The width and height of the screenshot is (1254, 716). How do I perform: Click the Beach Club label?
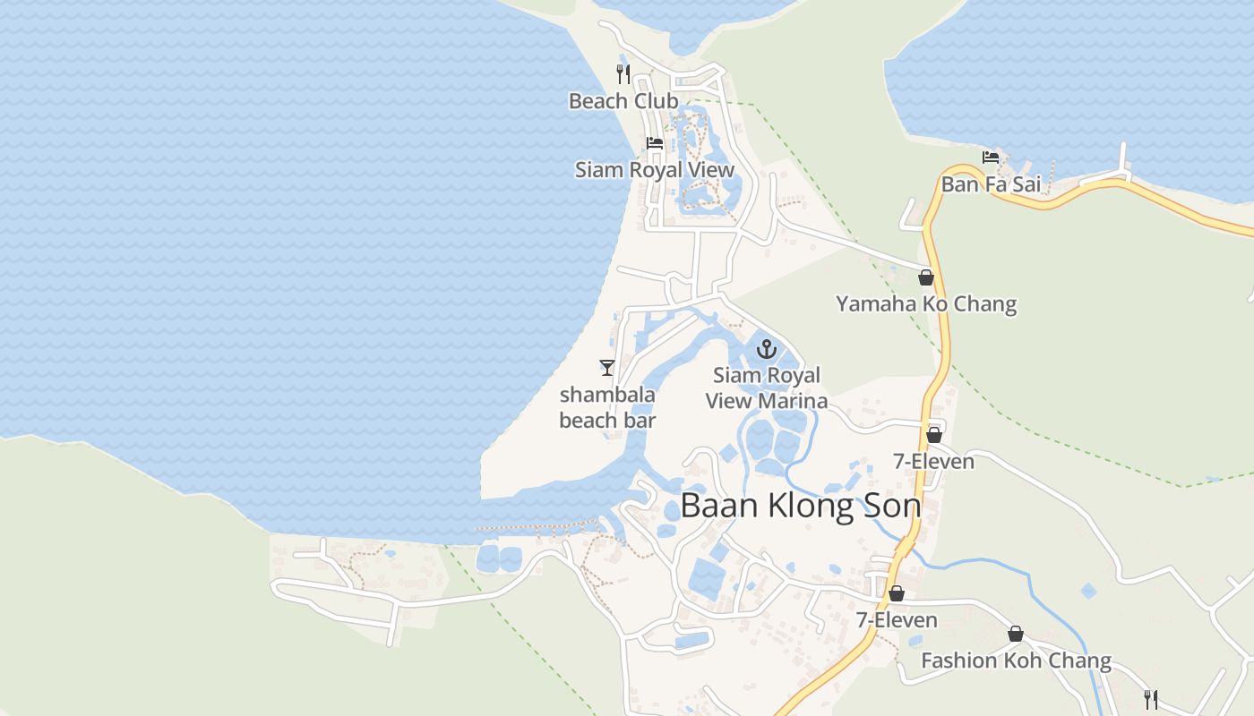(623, 101)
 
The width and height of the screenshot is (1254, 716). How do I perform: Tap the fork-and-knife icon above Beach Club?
(623, 73)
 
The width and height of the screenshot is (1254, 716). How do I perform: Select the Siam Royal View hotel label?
(655, 170)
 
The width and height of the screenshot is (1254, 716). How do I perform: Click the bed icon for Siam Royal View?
(655, 143)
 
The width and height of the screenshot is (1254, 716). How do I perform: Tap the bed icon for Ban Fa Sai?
(991, 158)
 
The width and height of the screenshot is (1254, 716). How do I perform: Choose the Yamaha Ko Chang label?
(926, 304)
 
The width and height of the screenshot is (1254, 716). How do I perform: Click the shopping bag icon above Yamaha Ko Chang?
(926, 277)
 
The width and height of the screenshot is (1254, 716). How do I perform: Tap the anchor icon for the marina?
(767, 348)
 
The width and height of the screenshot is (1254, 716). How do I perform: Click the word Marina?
(789, 400)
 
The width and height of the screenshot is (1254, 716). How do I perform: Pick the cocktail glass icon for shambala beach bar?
(607, 367)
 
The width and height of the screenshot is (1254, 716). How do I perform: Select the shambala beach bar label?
(607, 407)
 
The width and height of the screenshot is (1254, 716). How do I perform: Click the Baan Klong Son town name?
(801, 506)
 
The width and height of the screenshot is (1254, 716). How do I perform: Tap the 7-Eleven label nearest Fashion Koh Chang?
(897, 619)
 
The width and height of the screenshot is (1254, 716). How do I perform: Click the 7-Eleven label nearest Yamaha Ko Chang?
(933, 462)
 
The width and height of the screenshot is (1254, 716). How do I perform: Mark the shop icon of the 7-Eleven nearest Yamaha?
(934, 435)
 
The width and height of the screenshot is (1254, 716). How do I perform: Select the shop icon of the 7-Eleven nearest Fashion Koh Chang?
(897, 593)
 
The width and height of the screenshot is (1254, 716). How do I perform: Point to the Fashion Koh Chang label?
(1016, 661)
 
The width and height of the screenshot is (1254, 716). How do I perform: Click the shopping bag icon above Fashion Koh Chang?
(1016, 635)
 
